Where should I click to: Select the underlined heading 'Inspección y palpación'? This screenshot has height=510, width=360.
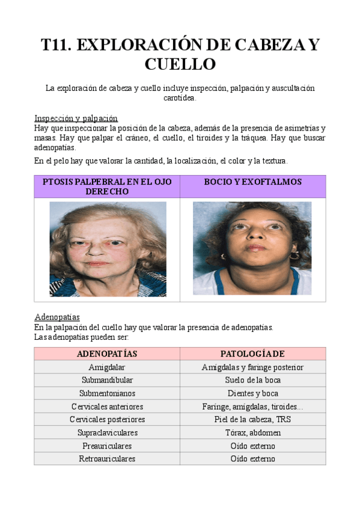coord(76,118)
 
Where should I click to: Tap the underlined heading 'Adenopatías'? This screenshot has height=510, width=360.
coord(57,317)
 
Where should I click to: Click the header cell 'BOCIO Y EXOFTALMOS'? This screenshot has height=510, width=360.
coord(252,182)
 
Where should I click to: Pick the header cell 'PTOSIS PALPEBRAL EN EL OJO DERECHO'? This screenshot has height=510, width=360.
coord(107,186)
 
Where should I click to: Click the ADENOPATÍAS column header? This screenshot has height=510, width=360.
coord(107,354)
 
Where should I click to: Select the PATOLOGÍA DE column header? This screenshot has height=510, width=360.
coord(252,354)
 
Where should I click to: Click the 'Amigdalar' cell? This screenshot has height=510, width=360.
coord(107,367)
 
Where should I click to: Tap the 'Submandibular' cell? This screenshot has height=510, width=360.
coord(107,380)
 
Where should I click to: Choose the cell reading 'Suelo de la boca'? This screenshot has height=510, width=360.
coord(252,380)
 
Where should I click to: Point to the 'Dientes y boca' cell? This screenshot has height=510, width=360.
coord(252,393)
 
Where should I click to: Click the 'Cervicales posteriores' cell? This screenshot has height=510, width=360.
coord(107,419)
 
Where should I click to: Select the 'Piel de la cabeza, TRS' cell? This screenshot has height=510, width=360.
coord(252,419)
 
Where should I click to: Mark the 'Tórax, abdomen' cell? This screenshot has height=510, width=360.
coord(252,432)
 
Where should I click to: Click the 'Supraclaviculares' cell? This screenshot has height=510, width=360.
coord(107,432)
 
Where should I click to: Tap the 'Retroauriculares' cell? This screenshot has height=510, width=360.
coord(107,459)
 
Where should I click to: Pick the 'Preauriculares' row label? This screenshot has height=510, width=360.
coord(107,446)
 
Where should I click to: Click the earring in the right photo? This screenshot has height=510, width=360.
coord(294,256)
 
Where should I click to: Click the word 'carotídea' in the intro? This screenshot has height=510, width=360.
coord(180,98)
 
